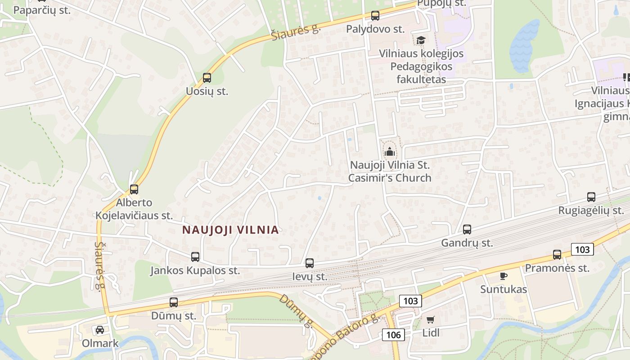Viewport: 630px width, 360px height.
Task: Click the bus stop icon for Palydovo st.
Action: (x=375, y=16)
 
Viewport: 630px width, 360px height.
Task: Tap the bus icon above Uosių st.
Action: (x=207, y=78)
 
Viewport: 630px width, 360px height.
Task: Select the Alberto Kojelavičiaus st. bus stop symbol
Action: (x=134, y=189)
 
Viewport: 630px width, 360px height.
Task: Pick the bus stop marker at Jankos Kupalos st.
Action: (x=195, y=257)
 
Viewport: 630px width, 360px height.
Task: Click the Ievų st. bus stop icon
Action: (x=310, y=263)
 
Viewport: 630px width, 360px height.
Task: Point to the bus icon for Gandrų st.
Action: (x=467, y=229)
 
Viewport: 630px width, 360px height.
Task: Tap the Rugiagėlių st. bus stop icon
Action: (x=591, y=197)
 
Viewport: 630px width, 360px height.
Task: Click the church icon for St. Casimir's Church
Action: (x=390, y=152)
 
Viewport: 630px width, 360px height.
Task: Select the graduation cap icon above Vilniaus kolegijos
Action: (x=421, y=40)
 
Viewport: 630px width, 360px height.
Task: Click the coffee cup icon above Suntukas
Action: (x=504, y=276)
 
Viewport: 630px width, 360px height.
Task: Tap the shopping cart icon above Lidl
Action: (x=431, y=320)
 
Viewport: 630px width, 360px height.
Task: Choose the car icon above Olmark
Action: (x=100, y=330)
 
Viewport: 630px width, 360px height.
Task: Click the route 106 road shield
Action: (x=393, y=334)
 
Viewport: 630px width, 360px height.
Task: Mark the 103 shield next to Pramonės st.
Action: (x=582, y=249)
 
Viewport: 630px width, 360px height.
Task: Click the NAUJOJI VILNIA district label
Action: (x=230, y=230)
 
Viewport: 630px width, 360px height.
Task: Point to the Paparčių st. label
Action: (x=42, y=10)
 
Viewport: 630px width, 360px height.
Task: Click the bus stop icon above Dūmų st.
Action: (x=174, y=302)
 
